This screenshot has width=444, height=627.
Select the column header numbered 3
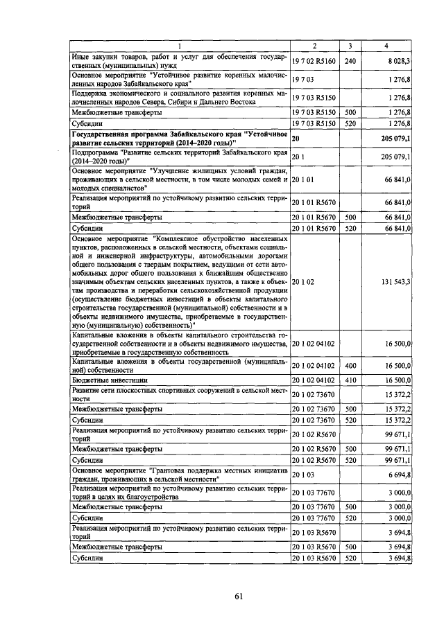[x=350, y=46]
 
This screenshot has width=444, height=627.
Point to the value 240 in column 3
[x=350, y=61]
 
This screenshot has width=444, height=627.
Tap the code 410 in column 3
[x=350, y=380]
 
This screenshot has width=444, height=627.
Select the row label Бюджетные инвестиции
[x=106, y=380]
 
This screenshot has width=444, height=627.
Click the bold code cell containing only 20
[x=296, y=139]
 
